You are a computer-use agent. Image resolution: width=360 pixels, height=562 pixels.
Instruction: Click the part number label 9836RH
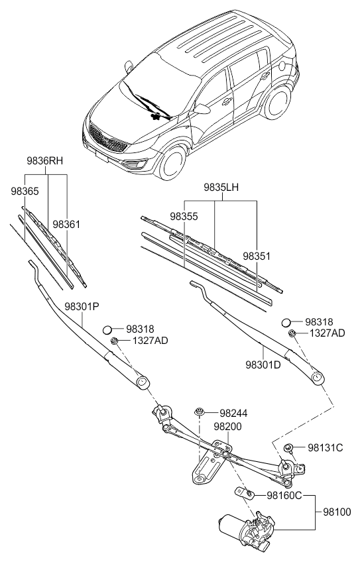(x=45, y=160)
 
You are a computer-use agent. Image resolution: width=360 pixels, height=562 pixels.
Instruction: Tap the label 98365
(x=25, y=190)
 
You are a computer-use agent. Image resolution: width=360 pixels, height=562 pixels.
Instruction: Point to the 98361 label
(x=66, y=225)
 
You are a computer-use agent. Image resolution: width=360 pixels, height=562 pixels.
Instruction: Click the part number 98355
(x=184, y=216)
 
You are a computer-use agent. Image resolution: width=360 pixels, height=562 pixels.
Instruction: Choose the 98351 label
(x=257, y=255)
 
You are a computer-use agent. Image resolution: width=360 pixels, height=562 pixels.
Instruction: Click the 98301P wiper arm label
(x=82, y=307)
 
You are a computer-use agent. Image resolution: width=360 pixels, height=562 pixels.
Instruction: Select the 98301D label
(x=263, y=365)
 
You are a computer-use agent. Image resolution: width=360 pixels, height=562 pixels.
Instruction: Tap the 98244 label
(x=233, y=412)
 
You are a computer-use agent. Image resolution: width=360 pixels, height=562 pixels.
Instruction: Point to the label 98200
(x=227, y=427)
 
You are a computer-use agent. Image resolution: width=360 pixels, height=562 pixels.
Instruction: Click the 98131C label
(x=325, y=448)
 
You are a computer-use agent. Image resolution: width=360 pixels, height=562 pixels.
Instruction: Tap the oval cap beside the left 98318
(x=110, y=329)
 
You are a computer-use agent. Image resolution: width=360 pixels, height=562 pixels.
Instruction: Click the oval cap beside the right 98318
(x=286, y=322)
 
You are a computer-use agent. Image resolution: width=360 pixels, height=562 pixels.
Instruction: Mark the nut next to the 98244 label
(x=200, y=413)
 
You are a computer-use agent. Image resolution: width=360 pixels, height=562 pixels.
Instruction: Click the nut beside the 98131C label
(x=290, y=449)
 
